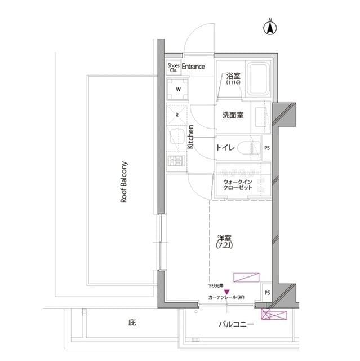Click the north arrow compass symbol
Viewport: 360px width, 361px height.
tap(270, 28)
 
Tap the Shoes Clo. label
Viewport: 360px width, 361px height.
tap(174, 68)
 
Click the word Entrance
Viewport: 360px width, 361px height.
tap(193, 67)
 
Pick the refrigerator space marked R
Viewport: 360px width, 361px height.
tap(177, 115)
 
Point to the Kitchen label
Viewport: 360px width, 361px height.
tap(190, 137)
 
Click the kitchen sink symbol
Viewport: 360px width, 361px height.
tap(176, 137)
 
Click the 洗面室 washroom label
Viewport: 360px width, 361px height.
tap(232, 115)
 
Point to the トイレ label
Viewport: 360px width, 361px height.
tap(224, 148)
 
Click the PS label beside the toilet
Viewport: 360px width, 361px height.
tap(267, 148)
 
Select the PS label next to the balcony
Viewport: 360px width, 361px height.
tap(267, 293)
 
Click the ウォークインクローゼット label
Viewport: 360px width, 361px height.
tap(235, 185)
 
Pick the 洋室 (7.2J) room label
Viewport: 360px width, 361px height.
tap(225, 242)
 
